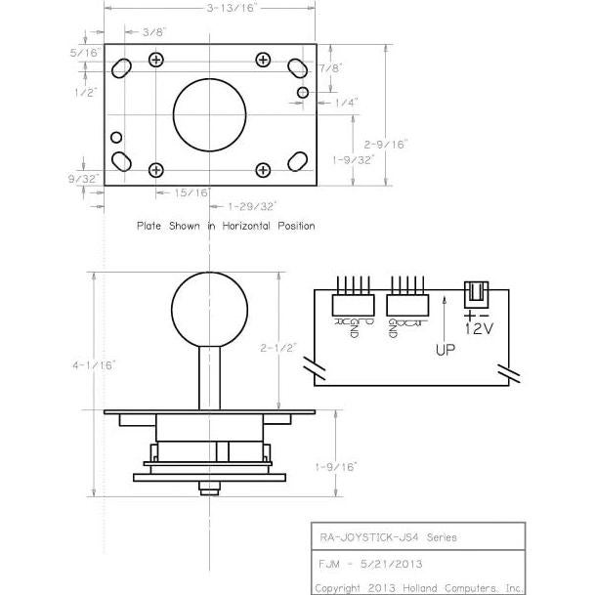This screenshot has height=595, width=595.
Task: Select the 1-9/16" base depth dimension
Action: (x=337, y=467)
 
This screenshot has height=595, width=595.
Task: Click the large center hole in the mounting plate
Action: (x=208, y=112)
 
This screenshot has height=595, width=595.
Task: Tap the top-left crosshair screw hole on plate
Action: (x=155, y=60)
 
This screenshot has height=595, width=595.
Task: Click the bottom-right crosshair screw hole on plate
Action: (x=263, y=170)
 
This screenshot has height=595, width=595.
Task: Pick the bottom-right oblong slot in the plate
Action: (x=295, y=160)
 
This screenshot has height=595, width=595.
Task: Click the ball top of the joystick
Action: (x=207, y=311)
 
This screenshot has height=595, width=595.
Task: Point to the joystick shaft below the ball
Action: (x=207, y=377)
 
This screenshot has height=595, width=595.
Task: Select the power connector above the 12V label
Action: (x=476, y=292)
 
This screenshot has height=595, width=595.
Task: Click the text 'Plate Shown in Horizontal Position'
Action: (x=226, y=226)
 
